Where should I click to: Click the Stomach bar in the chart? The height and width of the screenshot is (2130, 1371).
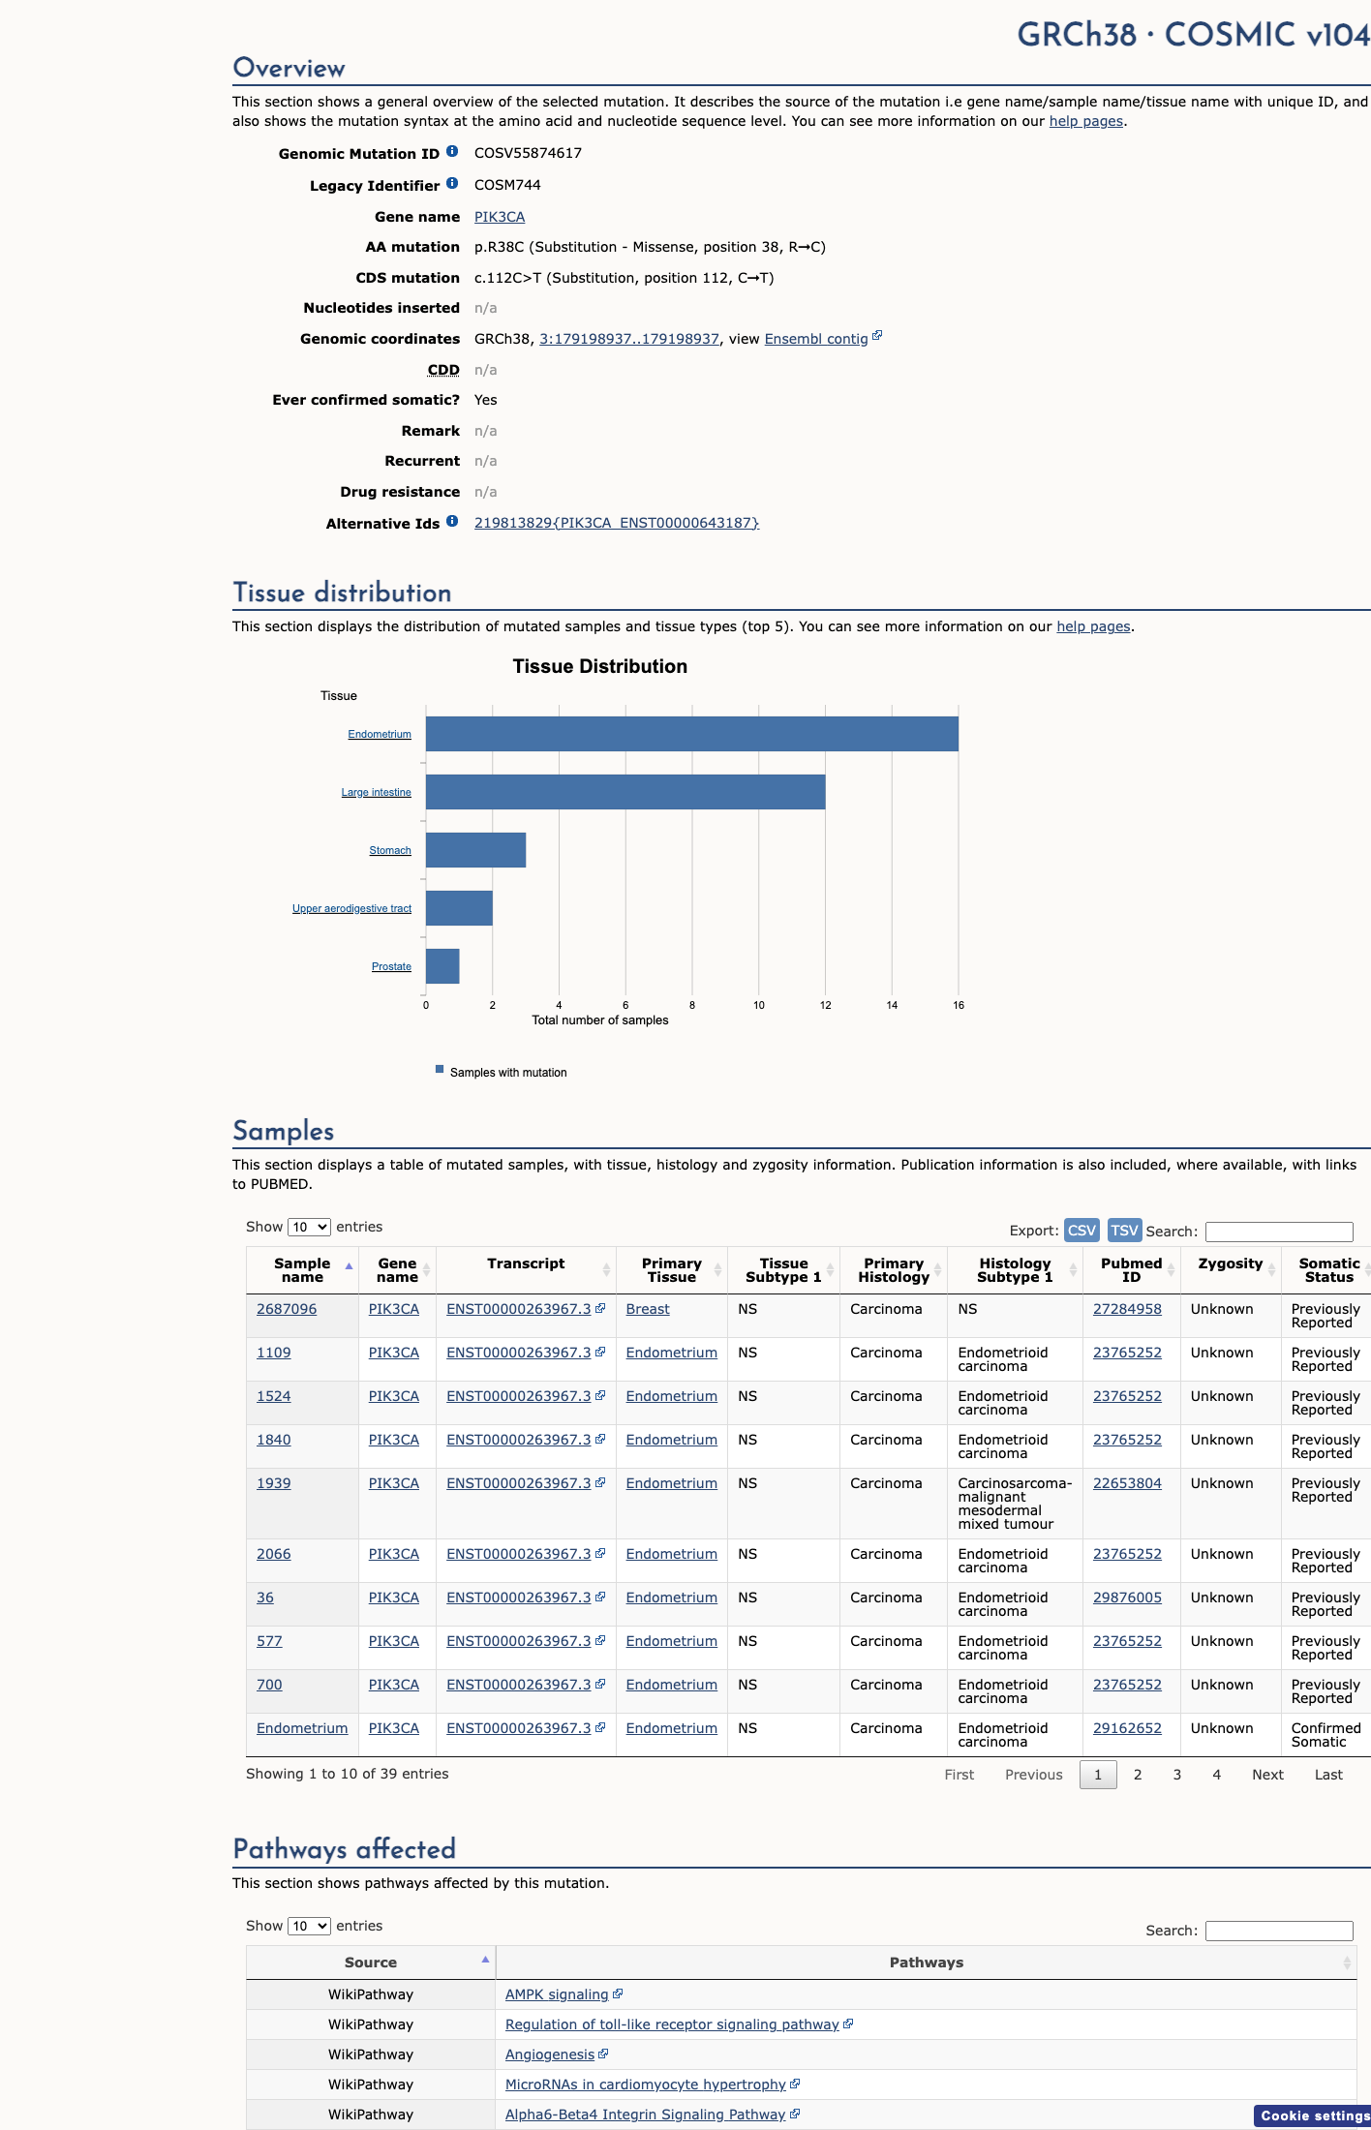point(475,850)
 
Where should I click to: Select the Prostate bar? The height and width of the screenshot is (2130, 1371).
point(442,966)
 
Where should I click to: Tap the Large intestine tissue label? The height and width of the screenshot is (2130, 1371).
point(376,792)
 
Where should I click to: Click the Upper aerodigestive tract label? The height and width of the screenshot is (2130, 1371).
point(351,908)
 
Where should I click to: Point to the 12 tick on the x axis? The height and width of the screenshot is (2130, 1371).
point(826,1005)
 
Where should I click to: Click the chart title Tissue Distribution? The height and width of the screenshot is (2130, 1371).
point(600,666)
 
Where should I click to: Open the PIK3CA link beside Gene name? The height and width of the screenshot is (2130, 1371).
point(500,217)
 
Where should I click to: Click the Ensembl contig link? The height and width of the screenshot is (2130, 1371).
point(816,339)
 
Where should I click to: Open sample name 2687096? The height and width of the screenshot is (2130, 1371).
point(287,1309)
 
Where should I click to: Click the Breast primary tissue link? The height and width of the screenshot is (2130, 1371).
point(648,1309)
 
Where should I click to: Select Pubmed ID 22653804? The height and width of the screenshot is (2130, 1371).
point(1127,1483)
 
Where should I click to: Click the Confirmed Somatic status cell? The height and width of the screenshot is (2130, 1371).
point(1325,1735)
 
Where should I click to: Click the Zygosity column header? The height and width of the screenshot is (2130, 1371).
point(1231,1263)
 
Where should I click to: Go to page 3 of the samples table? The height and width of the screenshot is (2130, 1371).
point(1177,1775)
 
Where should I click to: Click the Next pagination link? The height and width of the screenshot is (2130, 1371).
point(1267,1775)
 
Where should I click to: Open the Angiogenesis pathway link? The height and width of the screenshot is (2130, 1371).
point(550,2054)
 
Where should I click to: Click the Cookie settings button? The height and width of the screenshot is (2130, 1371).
point(1314,2115)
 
